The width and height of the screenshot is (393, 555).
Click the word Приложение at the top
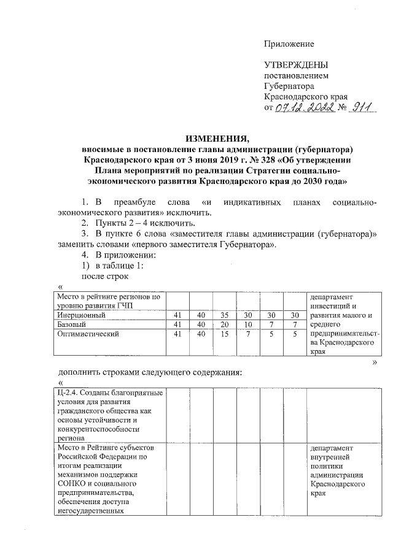tap(289, 44)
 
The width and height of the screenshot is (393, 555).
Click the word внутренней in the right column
tap(331, 456)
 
